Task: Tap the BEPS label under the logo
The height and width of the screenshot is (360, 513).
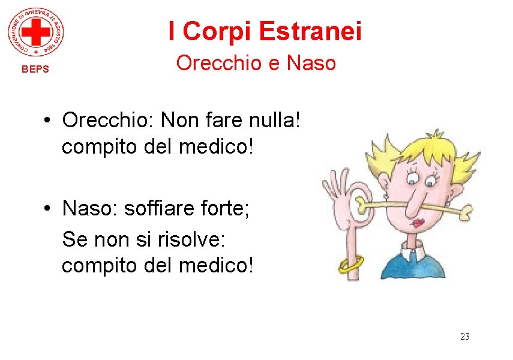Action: coord(35,69)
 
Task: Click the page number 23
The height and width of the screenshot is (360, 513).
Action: coord(464,336)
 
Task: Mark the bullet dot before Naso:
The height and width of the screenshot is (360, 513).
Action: coord(46,209)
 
